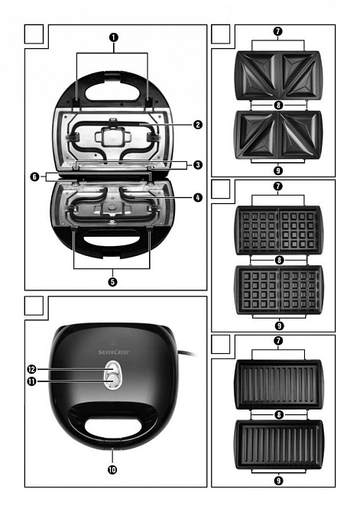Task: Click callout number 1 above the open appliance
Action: tap(113, 37)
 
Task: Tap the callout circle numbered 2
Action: tap(198, 125)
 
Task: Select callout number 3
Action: tap(198, 164)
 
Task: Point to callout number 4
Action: tap(198, 197)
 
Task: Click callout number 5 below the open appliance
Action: tap(112, 281)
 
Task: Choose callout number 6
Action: tap(34, 177)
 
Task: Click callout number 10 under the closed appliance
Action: tap(112, 469)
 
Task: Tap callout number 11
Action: tap(31, 381)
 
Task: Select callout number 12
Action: tap(31, 369)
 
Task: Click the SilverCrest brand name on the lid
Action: tap(114, 352)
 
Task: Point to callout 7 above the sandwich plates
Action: tap(278, 31)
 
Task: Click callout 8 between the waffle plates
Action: tap(279, 261)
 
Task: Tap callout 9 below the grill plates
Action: tap(279, 481)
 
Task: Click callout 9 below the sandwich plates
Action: tap(278, 170)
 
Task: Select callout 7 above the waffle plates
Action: tap(278, 186)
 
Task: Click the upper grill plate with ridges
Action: tap(278, 384)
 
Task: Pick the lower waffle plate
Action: tap(279, 290)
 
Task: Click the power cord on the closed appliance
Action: tap(187, 352)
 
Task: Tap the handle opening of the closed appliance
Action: tap(113, 426)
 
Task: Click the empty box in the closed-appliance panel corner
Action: tap(34, 306)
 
